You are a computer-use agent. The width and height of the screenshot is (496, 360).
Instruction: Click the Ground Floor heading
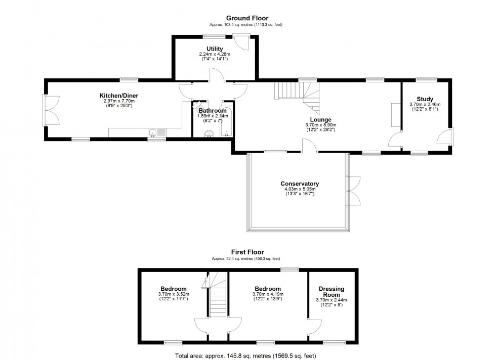click(x=247, y=18)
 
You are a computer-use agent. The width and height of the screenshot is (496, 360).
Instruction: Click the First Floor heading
click(x=247, y=252)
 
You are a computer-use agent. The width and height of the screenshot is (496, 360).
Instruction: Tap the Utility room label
click(x=214, y=49)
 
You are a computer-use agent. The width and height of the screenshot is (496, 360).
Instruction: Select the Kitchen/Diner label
click(x=118, y=96)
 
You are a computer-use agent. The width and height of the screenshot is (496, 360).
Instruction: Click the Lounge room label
click(x=321, y=120)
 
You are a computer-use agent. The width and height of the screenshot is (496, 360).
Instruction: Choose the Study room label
click(x=425, y=99)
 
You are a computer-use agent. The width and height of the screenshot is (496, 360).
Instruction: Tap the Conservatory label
click(x=300, y=184)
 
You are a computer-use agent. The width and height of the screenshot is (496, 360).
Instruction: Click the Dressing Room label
click(x=332, y=292)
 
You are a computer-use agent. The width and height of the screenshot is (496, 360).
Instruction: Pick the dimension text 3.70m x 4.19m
click(x=268, y=294)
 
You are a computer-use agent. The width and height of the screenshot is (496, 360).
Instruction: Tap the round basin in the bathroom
click(x=208, y=133)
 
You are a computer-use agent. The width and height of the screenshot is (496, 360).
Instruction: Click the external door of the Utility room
click(x=243, y=42)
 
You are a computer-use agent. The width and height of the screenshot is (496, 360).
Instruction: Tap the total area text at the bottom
click(x=245, y=356)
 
